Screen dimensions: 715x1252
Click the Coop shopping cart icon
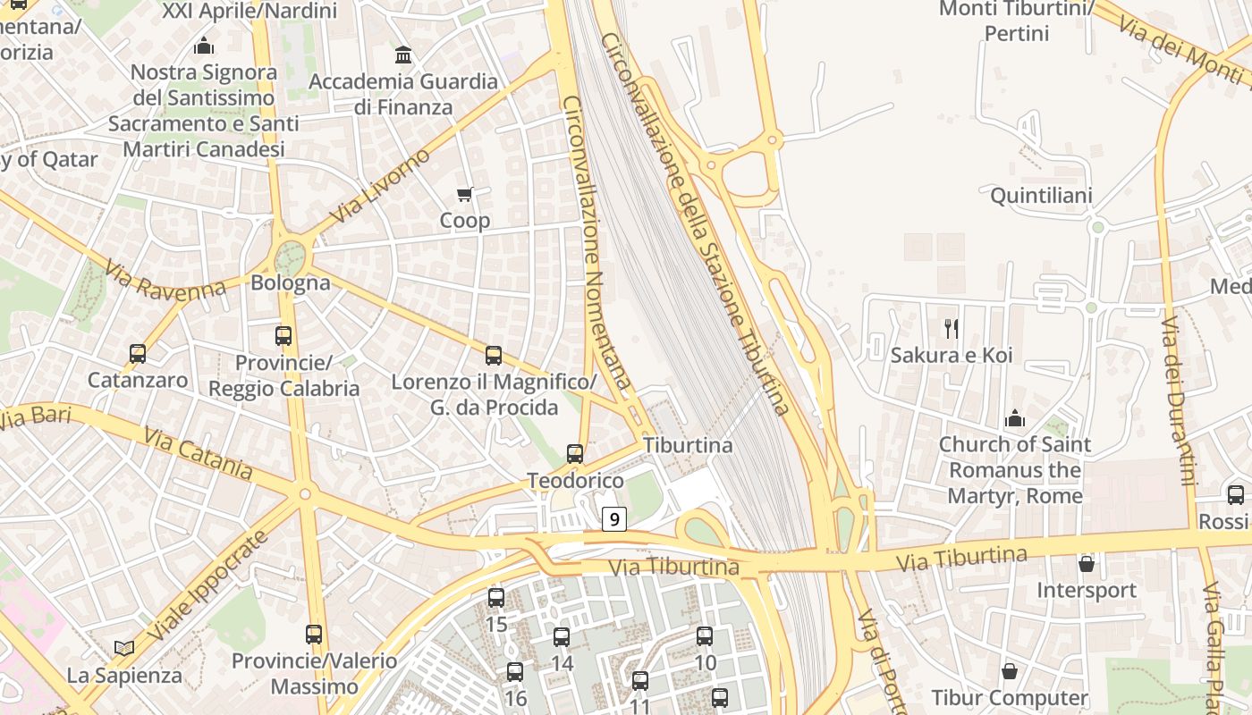[465, 194]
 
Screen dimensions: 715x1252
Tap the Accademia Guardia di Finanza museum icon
[403, 55]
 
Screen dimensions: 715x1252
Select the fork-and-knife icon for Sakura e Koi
[952, 329]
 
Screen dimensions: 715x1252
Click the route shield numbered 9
[613, 518]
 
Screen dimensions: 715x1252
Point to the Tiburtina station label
[688, 445]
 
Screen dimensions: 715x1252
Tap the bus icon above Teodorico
[575, 454]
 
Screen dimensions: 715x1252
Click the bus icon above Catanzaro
[138, 354]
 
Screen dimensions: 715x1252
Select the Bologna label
[291, 283]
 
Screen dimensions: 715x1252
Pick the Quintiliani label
[1041, 196]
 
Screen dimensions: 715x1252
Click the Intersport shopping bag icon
[1087, 564]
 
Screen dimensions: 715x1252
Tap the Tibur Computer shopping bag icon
[1010, 671]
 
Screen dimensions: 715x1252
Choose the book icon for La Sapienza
[124, 648]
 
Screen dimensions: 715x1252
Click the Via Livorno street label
[379, 187]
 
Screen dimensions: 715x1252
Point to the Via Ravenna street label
[164, 280]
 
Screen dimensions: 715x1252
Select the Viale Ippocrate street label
[207, 585]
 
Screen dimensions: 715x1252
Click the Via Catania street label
[198, 453]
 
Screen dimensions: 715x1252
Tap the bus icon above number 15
[496, 598]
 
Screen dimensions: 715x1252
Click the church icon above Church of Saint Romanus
[1014, 418]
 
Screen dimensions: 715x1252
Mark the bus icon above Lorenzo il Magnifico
[494, 356]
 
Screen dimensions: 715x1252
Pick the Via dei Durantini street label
[1179, 400]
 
